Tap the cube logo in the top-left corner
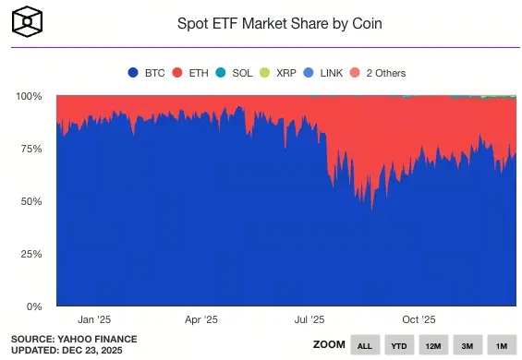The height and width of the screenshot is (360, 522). (30, 19)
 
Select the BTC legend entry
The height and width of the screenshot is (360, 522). (147, 72)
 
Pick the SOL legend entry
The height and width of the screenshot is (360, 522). (238, 72)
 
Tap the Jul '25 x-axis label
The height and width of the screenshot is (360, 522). (310, 319)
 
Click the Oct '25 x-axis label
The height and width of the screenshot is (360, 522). (418, 319)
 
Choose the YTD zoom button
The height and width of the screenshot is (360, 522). (399, 344)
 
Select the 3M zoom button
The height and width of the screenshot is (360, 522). (467, 344)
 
